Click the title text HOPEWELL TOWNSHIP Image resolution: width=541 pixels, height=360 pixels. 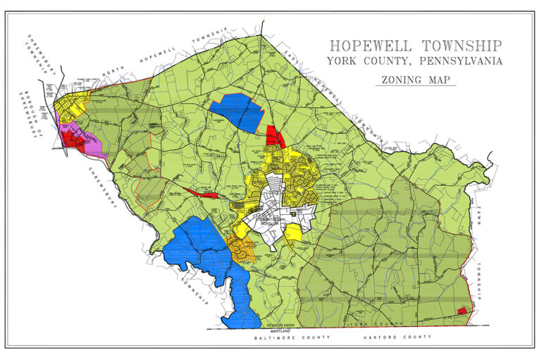[x=416, y=46]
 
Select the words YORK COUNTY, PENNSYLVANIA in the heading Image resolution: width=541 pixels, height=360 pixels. [x=414, y=62]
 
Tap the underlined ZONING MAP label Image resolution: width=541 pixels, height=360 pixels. [x=415, y=80]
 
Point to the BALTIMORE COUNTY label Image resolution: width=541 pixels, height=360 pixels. [x=284, y=338]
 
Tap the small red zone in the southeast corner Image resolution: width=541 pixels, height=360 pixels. [x=462, y=311]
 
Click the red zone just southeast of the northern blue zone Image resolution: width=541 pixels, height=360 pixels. [x=274, y=135]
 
